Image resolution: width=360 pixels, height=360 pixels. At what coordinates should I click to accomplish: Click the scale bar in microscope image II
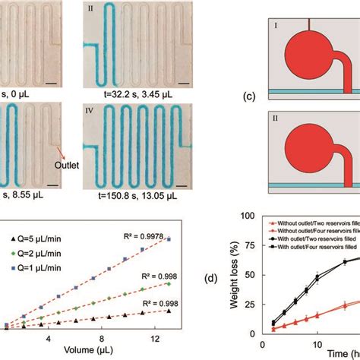pos(184,78)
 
